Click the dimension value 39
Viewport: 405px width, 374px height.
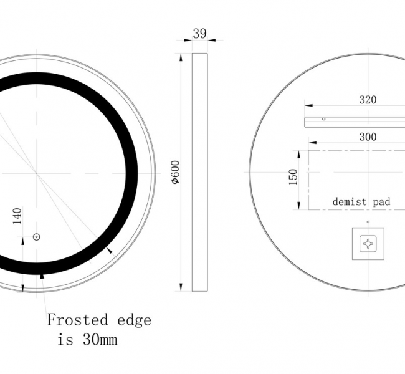click(x=199, y=34)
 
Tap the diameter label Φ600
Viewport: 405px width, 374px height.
click(x=176, y=172)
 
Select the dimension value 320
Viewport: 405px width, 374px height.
click(x=368, y=99)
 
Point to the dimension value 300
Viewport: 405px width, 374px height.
click(x=368, y=137)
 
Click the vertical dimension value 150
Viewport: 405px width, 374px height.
click(x=293, y=177)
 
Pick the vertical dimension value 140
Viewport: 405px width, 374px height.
click(x=17, y=216)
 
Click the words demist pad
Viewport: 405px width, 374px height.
click(x=361, y=201)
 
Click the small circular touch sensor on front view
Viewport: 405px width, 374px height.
click(x=36, y=237)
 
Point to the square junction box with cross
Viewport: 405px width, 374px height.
click(x=368, y=244)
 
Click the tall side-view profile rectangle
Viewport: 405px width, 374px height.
click(x=199, y=172)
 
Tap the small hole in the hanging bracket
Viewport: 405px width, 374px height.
click(x=323, y=118)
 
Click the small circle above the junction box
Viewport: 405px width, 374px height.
click(x=368, y=222)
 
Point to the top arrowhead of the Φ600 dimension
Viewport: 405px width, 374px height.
click(x=181, y=57)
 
